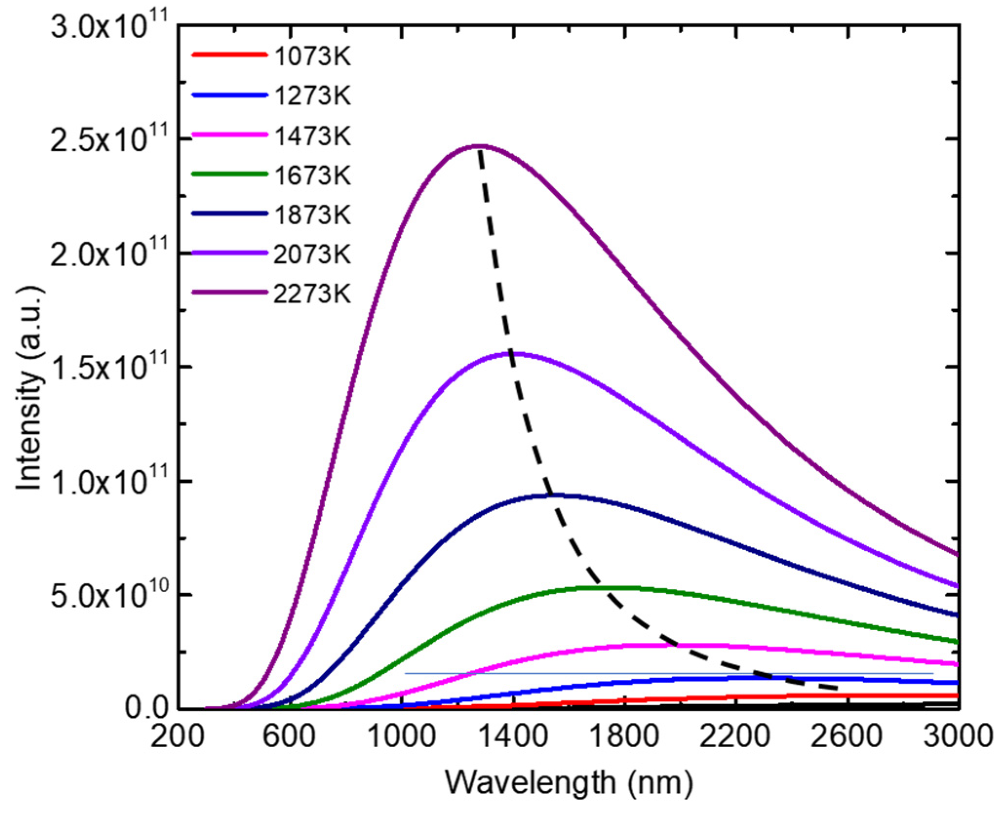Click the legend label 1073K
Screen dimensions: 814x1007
312,57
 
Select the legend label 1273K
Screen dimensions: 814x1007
312,96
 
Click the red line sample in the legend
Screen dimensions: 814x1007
229,55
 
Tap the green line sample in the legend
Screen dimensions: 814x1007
229,174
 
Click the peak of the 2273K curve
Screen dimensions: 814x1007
479,145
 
